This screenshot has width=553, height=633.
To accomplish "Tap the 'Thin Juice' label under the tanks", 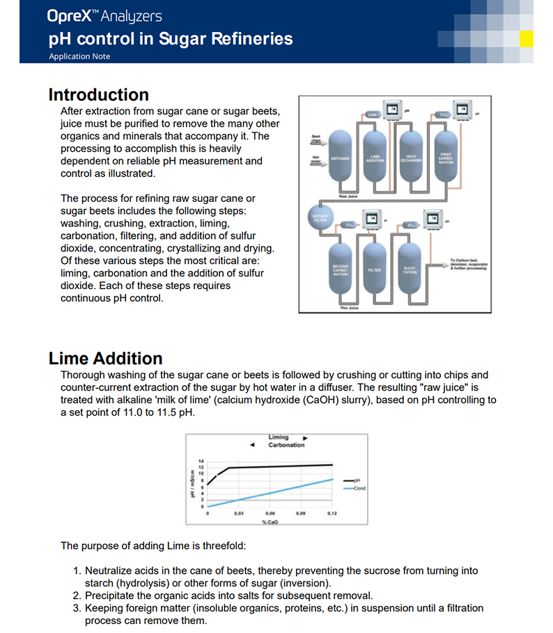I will (349, 308).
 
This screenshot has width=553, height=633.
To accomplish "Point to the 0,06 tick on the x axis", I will (270, 513).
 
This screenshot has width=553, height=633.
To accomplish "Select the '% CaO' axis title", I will (270, 522).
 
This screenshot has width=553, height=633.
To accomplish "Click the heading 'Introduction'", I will (98, 95).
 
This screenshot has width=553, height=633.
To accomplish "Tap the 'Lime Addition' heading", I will (105, 359).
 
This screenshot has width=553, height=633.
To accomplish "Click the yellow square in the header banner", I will (527, 38).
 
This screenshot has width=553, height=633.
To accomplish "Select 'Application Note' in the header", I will (79, 56).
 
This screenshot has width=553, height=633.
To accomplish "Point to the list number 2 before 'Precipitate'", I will (77, 595).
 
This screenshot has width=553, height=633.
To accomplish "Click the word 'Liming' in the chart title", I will (279, 437).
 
